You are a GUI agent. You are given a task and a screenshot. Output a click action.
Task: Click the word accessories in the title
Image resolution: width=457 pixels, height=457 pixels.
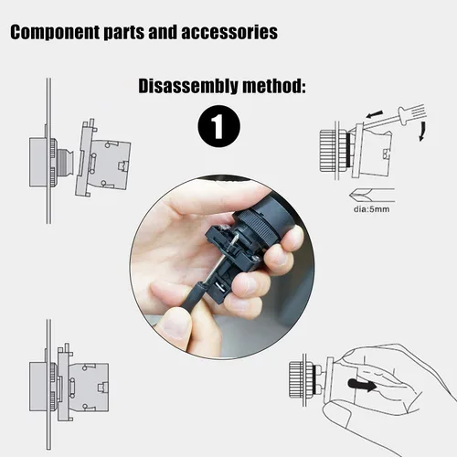229,32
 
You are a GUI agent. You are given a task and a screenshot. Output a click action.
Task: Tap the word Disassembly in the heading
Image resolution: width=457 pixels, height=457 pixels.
187,86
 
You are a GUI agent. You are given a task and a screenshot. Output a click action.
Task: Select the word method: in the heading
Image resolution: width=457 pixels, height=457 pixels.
274,86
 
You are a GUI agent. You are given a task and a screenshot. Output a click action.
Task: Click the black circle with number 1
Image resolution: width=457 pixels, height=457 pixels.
218,126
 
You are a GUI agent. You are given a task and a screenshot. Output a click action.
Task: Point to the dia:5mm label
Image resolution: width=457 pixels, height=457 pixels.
371,209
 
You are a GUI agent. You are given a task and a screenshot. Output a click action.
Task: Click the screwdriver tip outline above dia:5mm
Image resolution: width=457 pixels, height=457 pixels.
372,195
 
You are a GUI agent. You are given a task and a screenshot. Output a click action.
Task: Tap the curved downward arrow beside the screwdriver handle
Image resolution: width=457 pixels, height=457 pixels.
422,131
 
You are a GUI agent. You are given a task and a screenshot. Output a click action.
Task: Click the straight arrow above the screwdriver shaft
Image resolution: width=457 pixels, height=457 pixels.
374,114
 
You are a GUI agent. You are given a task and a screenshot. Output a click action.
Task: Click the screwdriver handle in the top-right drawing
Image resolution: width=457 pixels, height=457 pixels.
411,113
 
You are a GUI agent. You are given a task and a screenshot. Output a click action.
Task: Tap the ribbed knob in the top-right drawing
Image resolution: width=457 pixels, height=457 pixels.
327,151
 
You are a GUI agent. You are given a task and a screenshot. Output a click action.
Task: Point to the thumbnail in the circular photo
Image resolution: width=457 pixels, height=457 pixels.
173,326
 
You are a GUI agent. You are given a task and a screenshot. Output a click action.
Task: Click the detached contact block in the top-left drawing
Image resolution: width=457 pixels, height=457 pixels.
103,157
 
